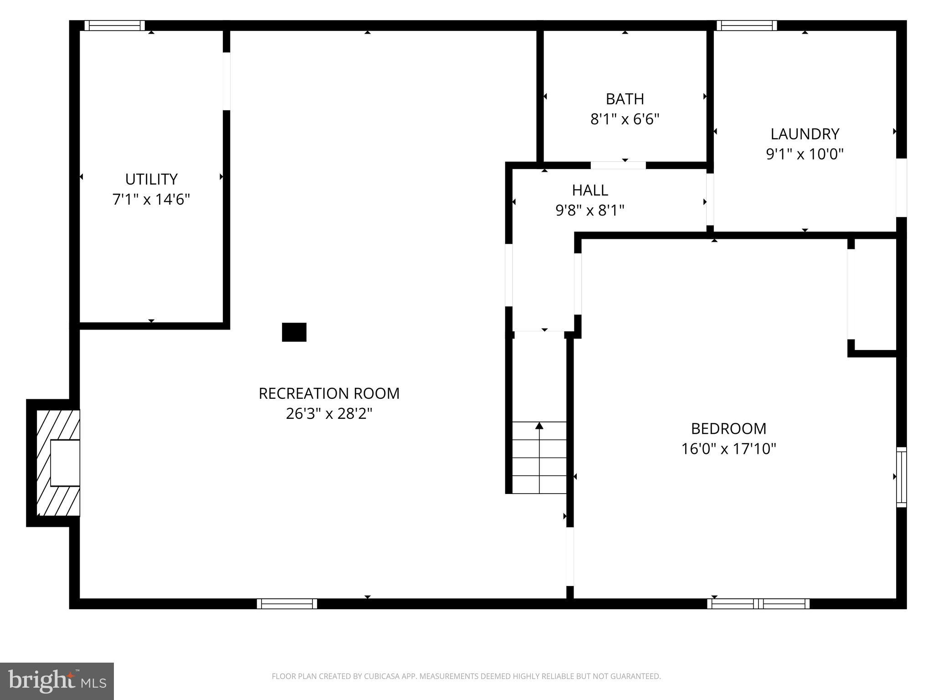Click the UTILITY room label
pos(151,179)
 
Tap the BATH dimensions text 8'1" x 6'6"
pos(625,119)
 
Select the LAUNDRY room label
pos(805,134)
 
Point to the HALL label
pos(590,190)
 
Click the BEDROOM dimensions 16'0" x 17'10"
pos(728,449)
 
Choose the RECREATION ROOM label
pos(329,393)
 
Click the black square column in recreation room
pos(294,332)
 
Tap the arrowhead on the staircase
pos(539,426)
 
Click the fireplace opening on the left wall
pos(65,463)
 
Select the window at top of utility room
pos(115,26)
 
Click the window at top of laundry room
pos(746,26)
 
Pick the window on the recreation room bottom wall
pos(287,604)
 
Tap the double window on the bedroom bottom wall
pos(759,604)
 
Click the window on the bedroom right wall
pos(901,477)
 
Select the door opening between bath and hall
pos(618,165)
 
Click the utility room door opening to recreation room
pos(226,81)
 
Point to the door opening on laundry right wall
pos(901,187)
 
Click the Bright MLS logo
pos(57,681)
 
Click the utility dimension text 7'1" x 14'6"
pos(151,200)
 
